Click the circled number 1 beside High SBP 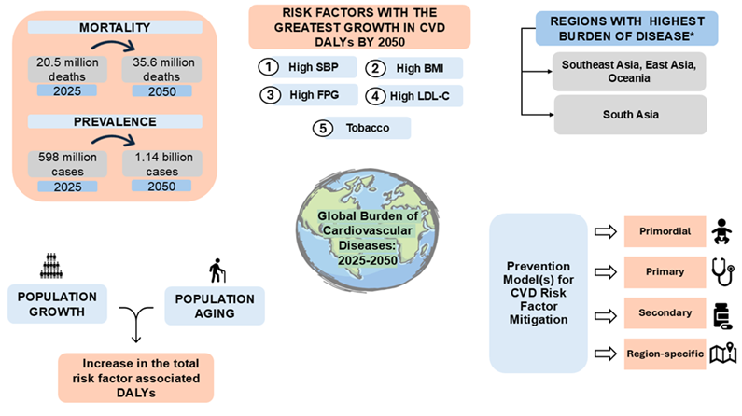[268, 67]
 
